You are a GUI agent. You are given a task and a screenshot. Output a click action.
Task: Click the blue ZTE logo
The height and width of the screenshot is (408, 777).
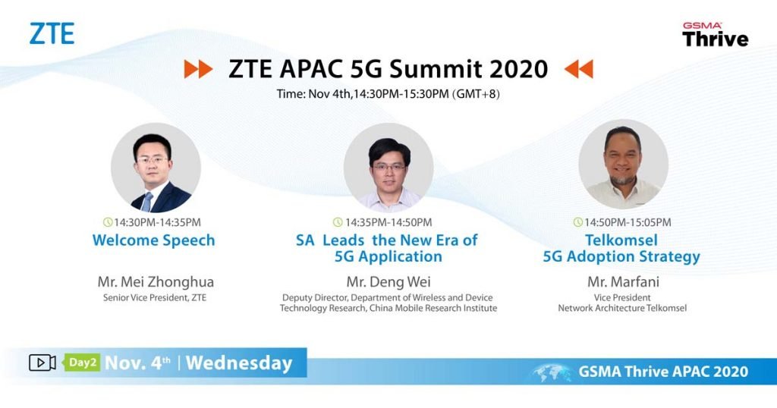[52, 33]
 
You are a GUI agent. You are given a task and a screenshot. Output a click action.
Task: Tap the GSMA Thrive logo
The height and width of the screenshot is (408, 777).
[715, 35]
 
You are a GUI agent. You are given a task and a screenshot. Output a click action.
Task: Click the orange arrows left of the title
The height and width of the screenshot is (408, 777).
[198, 69]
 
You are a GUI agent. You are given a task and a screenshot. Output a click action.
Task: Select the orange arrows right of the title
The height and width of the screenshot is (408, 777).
[579, 69]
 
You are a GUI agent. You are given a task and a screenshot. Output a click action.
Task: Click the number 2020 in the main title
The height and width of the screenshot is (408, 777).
[518, 69]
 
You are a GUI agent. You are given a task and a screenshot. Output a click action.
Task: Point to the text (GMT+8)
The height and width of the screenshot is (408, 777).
[476, 94]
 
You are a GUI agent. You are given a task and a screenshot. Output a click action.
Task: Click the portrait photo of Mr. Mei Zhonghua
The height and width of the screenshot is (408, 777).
[156, 168]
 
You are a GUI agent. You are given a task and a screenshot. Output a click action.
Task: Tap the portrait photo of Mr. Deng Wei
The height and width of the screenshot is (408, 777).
[388, 168]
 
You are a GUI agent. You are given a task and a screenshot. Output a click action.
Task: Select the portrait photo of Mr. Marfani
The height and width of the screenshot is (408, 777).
[623, 165]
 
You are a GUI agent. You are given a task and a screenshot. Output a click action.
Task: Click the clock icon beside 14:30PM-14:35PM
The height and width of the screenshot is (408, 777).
[108, 222]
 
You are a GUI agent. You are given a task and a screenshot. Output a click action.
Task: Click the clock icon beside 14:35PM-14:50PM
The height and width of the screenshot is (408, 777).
[338, 222]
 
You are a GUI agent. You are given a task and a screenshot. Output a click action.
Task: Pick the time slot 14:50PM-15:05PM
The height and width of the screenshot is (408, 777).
[628, 222]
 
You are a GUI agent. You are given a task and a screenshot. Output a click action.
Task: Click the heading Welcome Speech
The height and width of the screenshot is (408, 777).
[153, 240]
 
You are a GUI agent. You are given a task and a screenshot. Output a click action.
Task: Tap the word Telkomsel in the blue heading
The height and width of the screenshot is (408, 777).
[621, 240]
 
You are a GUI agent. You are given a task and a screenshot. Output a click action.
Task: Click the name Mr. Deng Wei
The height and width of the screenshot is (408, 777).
[388, 282]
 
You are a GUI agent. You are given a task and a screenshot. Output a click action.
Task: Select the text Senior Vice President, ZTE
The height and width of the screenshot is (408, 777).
[155, 297]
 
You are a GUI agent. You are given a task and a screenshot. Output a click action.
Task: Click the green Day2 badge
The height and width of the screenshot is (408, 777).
[82, 362]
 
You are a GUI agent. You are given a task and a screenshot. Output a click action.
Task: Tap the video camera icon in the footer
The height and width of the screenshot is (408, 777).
[42, 363]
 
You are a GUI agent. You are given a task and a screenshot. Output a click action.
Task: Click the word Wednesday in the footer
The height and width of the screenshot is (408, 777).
[239, 363]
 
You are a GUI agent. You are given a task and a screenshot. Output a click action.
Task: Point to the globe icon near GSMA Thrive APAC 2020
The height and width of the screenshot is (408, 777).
[552, 372]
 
